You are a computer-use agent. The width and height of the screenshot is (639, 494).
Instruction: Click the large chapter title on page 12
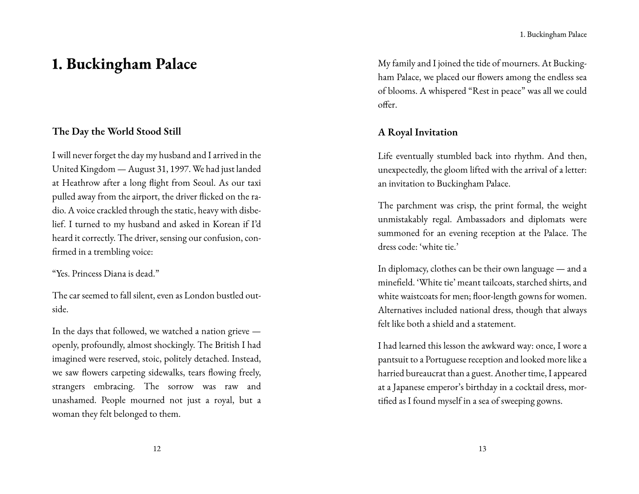coord(124,64)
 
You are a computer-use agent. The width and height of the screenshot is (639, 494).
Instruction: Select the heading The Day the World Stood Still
coord(116,131)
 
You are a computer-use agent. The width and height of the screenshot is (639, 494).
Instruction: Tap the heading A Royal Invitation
coord(417,132)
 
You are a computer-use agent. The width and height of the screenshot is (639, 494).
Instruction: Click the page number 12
coord(157,448)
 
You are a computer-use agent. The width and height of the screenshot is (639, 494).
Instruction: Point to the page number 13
coord(482,448)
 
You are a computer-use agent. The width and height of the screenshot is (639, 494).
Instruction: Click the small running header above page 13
coord(553,35)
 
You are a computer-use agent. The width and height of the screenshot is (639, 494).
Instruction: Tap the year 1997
coord(181,169)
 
